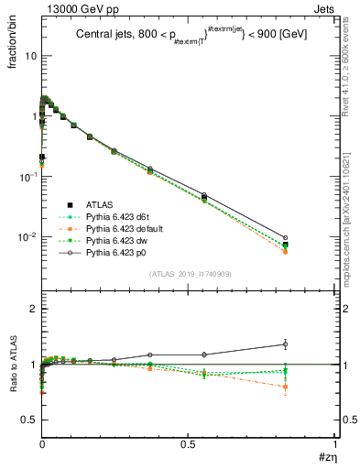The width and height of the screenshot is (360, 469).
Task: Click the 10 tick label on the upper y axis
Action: point(29,56)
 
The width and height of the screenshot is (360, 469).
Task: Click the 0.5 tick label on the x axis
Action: point(189,444)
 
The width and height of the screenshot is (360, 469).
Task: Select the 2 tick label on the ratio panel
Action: point(33,310)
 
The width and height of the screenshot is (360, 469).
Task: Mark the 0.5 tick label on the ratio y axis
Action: point(28,420)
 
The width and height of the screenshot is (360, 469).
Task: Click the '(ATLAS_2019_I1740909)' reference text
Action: point(189,274)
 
